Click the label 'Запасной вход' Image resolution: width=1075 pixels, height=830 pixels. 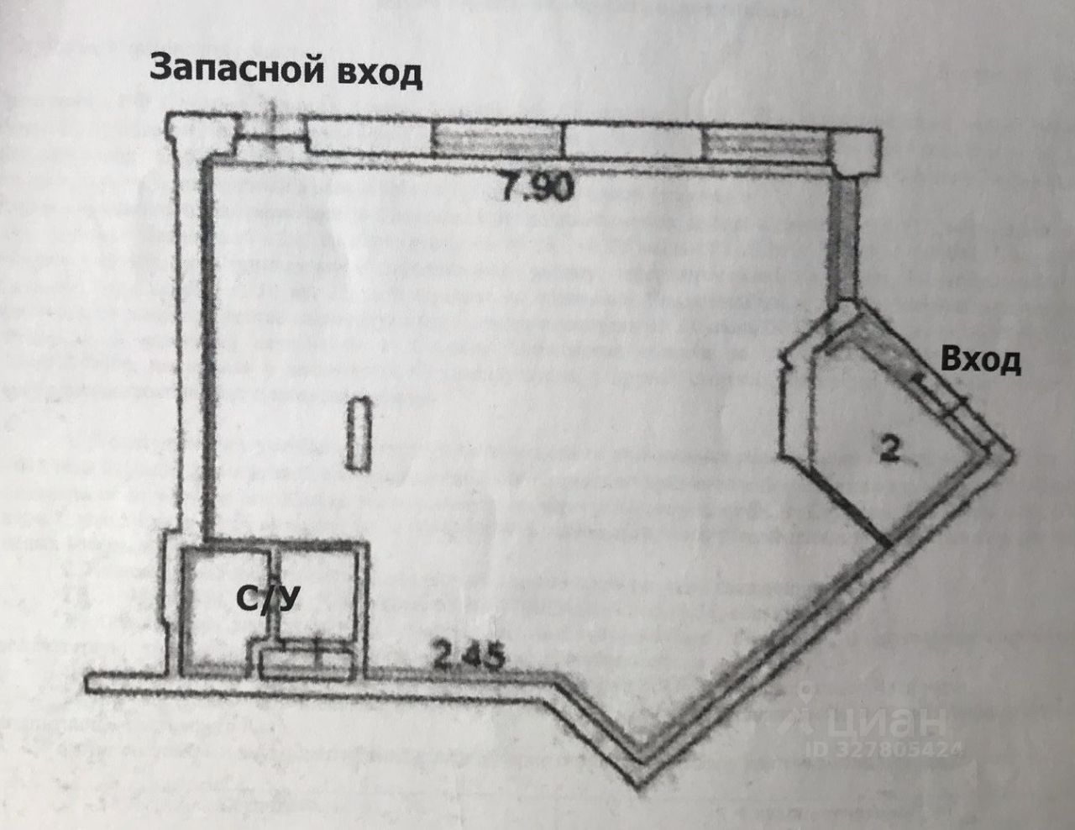click(x=286, y=70)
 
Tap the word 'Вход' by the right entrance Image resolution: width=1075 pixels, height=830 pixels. click(x=981, y=360)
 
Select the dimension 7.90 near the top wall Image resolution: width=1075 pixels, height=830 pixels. click(x=537, y=187)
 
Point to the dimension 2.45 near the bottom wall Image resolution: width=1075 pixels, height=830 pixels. click(x=469, y=654)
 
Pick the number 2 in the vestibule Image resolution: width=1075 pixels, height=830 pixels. click(x=889, y=450)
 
